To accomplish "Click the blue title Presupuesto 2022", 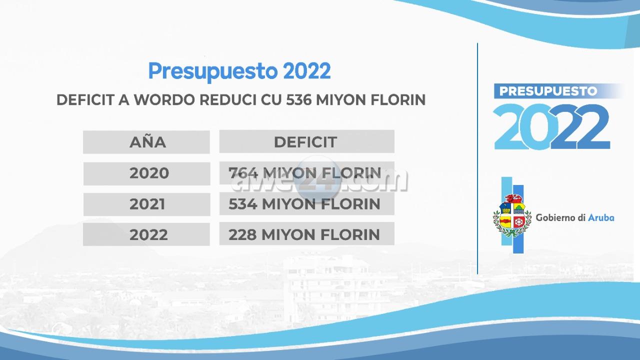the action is click(x=239, y=71).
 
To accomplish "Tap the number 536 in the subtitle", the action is click(x=298, y=99).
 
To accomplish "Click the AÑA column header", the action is click(x=147, y=142).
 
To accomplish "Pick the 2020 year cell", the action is click(x=149, y=173).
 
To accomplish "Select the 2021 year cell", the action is click(x=147, y=204).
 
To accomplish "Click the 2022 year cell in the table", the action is click(x=148, y=234).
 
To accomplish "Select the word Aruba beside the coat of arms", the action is click(x=601, y=217).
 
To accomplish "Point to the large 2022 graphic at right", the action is click(x=551, y=126).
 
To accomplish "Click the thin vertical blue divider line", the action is click(x=477, y=158).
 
